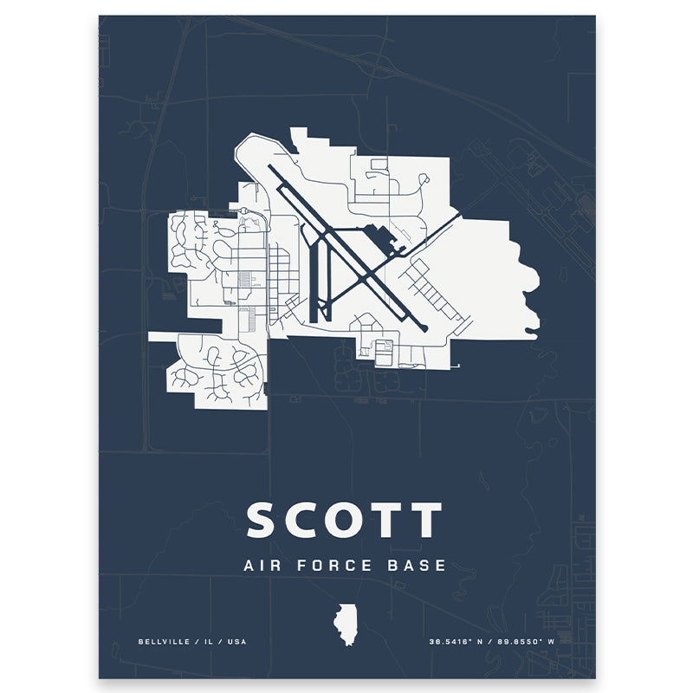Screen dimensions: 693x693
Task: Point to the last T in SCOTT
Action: (424, 520)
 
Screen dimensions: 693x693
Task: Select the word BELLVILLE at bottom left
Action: (161, 641)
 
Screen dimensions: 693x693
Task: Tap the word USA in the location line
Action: (236, 641)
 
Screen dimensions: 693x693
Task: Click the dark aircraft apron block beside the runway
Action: (379, 236)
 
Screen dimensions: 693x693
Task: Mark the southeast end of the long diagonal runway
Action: (422, 327)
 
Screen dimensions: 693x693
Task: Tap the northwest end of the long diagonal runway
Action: (273, 171)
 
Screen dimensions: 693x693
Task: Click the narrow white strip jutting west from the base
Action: (161, 336)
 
